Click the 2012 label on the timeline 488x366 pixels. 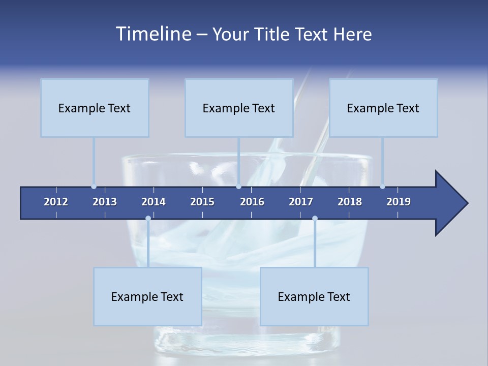[x=56, y=202]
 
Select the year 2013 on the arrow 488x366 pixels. [x=105, y=202]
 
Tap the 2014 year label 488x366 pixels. [x=154, y=202]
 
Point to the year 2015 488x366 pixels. [x=202, y=202]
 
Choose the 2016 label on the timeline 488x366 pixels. [x=252, y=202]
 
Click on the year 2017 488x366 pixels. [x=301, y=202]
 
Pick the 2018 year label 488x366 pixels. [x=350, y=202]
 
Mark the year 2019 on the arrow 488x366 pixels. [x=399, y=202]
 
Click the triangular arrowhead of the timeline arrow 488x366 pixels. [x=450, y=203]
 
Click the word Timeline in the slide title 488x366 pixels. [x=152, y=34]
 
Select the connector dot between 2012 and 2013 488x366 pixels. [x=94, y=186]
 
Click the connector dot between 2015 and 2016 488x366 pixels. [x=238, y=186]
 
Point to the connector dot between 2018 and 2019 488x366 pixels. [x=383, y=186]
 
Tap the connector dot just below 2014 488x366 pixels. [x=148, y=219]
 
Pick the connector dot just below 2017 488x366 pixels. [x=315, y=219]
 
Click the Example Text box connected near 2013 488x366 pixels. [x=95, y=108]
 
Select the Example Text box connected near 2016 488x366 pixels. [x=239, y=108]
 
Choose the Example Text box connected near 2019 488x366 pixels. [x=383, y=108]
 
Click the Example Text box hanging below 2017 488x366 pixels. [x=314, y=296]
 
